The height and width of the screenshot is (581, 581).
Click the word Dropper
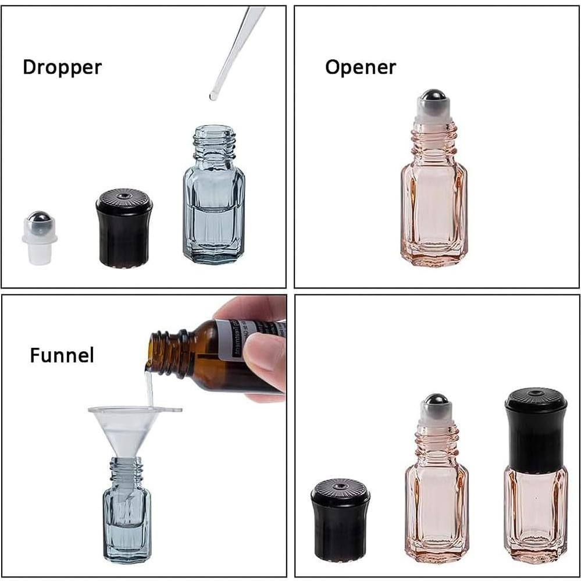pyautogui.click(x=62, y=67)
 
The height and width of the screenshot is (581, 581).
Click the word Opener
pyautogui.click(x=360, y=67)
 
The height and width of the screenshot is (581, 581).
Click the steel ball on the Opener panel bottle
pyautogui.click(x=433, y=97)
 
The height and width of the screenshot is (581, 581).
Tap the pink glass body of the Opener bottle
pyautogui.click(x=433, y=215)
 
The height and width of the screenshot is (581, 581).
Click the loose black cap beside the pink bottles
pyautogui.click(x=340, y=521)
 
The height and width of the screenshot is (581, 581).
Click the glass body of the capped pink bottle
pyautogui.click(x=536, y=512)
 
